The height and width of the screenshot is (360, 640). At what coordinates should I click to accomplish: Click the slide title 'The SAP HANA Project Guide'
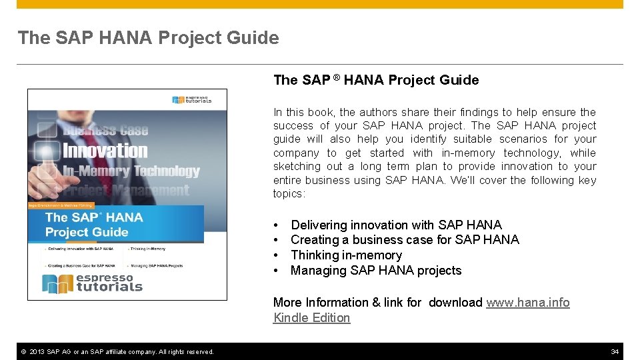tap(148, 38)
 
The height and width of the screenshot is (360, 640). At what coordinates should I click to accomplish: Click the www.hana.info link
tap(527, 303)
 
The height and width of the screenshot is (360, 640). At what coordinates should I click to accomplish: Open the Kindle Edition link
tap(311, 318)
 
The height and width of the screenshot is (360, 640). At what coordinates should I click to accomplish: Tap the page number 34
tap(615, 351)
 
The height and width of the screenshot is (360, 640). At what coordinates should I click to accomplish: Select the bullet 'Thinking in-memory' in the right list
tap(346, 255)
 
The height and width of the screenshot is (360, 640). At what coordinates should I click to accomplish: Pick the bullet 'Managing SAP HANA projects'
tap(376, 271)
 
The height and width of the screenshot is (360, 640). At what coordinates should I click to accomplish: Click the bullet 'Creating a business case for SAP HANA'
tap(405, 240)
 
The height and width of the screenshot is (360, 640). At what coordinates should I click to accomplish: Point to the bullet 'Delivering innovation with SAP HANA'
tap(396, 225)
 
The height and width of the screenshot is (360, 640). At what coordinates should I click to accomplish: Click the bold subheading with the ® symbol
tap(376, 80)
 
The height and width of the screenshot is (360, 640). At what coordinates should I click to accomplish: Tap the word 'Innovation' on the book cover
tap(105, 150)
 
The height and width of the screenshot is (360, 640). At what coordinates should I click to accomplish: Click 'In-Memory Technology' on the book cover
tap(131, 171)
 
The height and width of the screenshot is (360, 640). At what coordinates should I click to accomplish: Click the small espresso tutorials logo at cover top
tap(192, 100)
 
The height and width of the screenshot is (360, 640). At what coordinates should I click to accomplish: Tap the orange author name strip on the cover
tap(60, 205)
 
